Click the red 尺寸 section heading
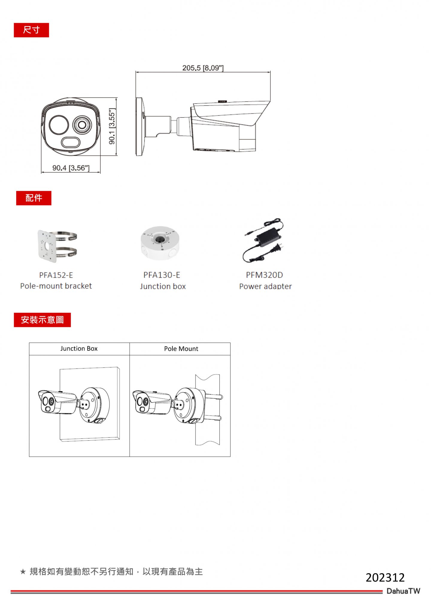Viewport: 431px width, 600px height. pos(31,30)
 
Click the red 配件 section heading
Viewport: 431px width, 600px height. pos(34,198)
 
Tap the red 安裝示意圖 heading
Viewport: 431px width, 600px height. pos(42,320)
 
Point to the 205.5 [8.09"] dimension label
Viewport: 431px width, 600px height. pos(203,68)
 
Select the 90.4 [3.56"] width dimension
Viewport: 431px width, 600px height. pos(71,168)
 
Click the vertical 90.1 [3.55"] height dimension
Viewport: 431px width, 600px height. pos(112,127)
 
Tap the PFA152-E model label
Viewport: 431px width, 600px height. pos(56,275)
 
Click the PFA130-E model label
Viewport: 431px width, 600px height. pos(162,275)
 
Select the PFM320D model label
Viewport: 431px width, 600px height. pos(264,275)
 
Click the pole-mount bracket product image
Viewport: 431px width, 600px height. pos(57,246)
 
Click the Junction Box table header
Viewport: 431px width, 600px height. pos(79,349)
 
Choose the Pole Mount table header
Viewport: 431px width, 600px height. pos(181,349)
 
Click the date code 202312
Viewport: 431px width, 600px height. pos(385,578)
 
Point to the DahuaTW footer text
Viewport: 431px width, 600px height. pos(403,591)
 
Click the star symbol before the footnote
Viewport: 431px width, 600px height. pos(23,572)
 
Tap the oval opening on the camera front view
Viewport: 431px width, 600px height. pos(71,142)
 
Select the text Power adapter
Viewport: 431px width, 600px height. pos(265,286)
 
